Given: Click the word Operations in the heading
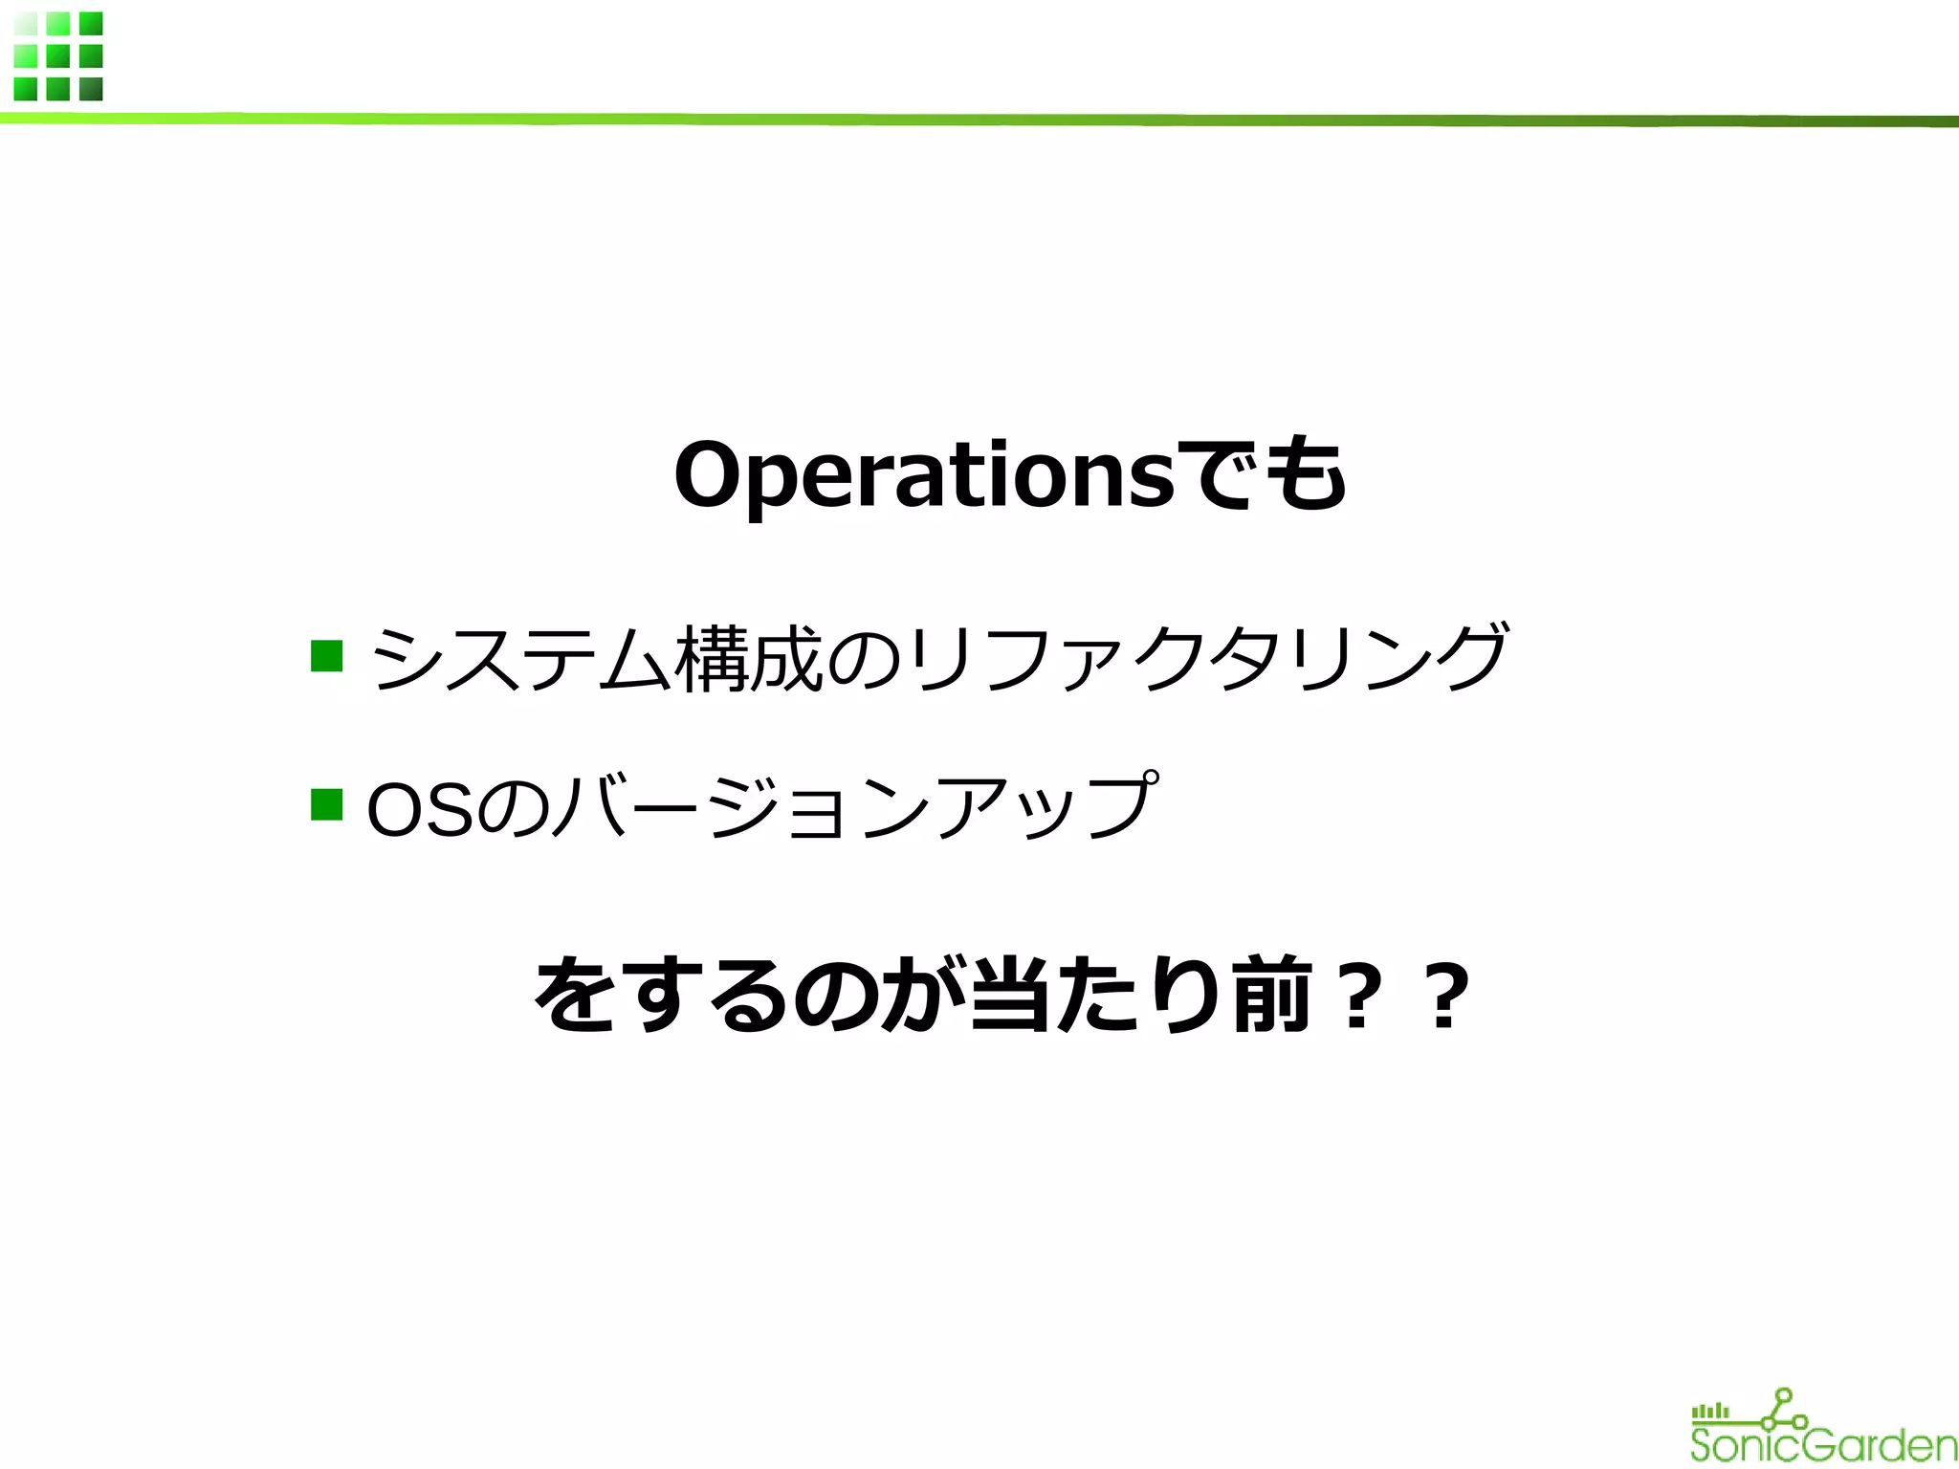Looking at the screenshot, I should click(x=923, y=476).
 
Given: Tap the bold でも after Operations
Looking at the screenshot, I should click(x=1261, y=474).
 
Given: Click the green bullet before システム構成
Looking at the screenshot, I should click(x=327, y=656).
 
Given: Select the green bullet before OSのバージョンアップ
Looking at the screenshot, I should click(x=327, y=804).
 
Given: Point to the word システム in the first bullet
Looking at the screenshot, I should click(x=521, y=658).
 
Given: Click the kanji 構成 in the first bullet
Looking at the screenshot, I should click(x=748, y=658).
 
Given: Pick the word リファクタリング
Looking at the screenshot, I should click(x=1210, y=658).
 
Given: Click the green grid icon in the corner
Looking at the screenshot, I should click(x=58, y=56).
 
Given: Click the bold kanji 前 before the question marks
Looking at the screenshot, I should click(x=1271, y=996).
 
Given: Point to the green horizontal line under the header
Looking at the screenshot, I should click(x=979, y=120).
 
